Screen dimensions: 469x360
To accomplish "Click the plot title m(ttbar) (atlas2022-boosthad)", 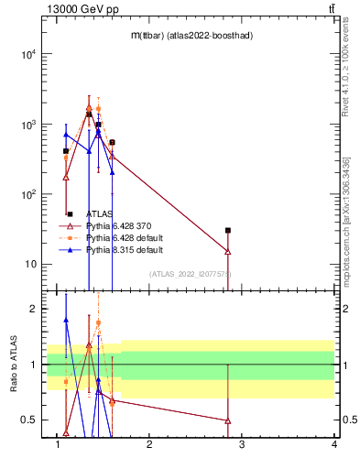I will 191,35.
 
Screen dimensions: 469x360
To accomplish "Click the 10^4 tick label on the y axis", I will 30,54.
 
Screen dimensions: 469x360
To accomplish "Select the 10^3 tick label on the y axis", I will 30,125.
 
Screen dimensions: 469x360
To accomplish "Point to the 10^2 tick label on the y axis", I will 30,195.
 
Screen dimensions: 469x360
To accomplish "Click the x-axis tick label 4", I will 334,446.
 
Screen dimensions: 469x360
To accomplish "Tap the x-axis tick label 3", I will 242,446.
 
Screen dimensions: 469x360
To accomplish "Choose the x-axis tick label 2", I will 150,446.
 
